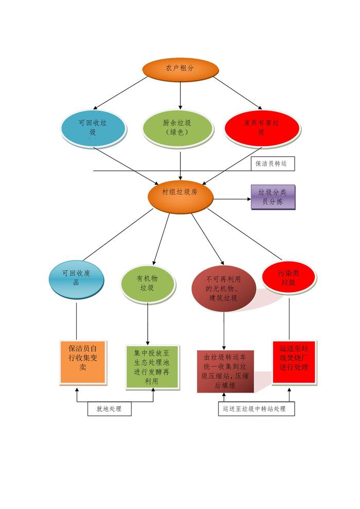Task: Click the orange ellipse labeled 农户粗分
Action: [180, 69]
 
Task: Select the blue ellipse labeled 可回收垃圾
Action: [93, 128]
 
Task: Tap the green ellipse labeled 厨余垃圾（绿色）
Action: [177, 128]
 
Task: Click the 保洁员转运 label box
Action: [273, 164]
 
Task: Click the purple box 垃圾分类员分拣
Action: [273, 197]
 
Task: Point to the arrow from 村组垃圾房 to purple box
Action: [231, 198]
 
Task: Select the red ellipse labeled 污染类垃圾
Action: [288, 278]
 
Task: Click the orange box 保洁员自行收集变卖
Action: [83, 362]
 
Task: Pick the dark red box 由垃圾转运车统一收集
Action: [224, 371]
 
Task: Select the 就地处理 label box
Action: [109, 409]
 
